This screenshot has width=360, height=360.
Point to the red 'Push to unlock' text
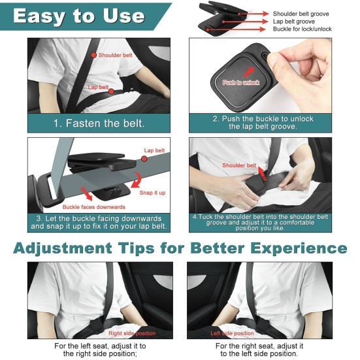[x=242, y=82]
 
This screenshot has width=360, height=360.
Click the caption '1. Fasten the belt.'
[x=99, y=123]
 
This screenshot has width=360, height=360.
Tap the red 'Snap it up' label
[x=152, y=193]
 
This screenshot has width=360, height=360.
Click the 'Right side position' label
[x=132, y=334]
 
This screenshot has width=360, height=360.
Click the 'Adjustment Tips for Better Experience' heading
[x=180, y=248]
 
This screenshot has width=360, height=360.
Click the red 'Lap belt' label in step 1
[x=99, y=87]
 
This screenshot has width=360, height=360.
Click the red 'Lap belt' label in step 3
[x=155, y=150]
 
